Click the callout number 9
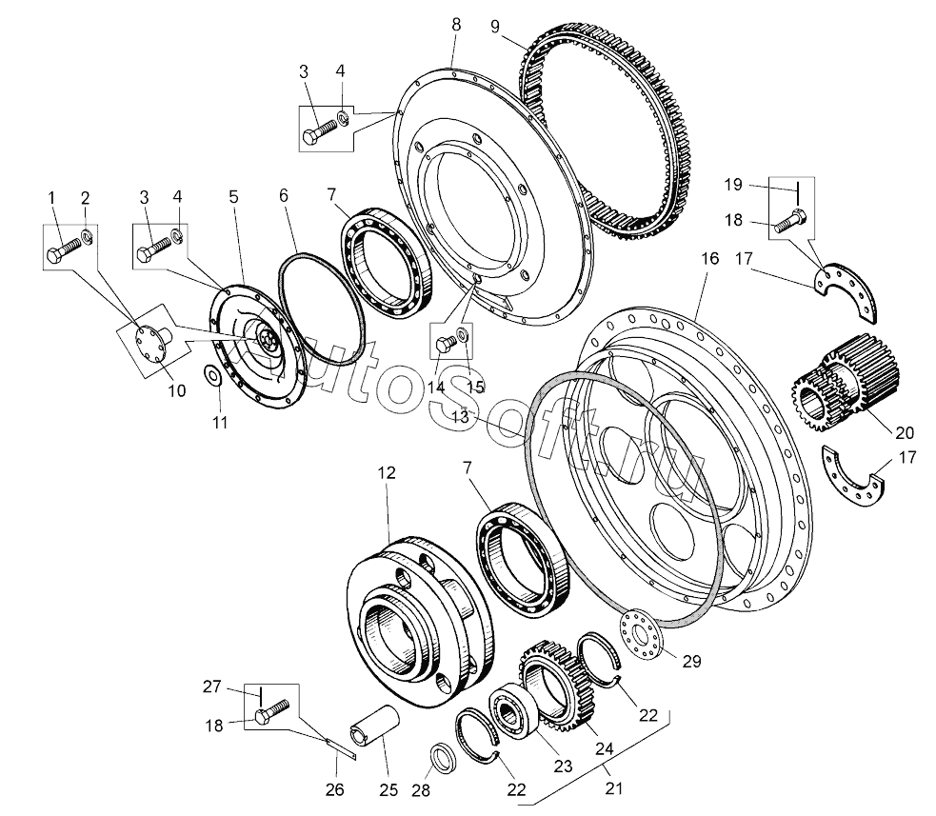(x=495, y=27)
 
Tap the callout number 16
(x=709, y=258)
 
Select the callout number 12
(x=387, y=473)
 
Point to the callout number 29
(x=692, y=662)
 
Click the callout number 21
(x=613, y=788)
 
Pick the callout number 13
(x=460, y=417)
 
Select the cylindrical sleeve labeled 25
(x=373, y=725)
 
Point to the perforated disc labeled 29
(x=639, y=633)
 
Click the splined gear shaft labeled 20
(x=846, y=382)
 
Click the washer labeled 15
(x=463, y=333)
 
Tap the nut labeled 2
(x=87, y=238)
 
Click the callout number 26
(x=335, y=789)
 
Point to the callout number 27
(x=212, y=687)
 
